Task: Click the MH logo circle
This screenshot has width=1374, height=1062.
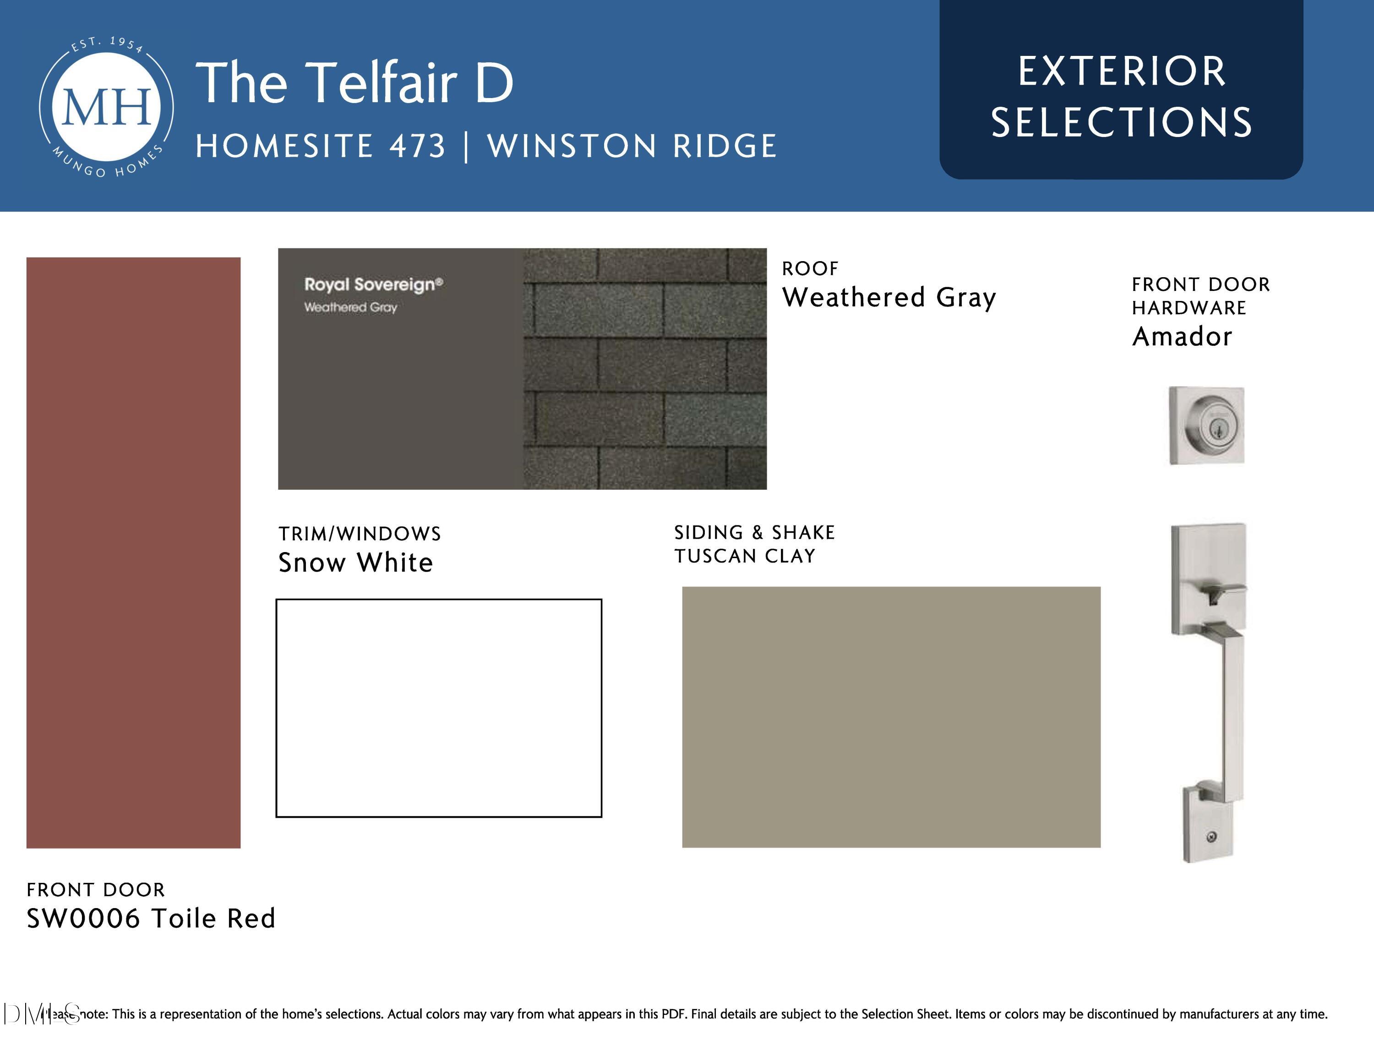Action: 106,107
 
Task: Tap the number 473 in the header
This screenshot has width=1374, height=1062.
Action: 418,146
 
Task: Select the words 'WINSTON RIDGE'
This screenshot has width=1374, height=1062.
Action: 632,146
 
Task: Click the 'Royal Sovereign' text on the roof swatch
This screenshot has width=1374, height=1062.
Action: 374,285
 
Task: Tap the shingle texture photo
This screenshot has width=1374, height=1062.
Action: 645,369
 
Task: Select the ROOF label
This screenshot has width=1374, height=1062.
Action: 810,268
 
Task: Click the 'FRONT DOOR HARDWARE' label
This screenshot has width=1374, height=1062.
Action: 1200,296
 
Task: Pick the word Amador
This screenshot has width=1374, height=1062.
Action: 1182,337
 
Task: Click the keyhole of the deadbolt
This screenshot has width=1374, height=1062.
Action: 1214,428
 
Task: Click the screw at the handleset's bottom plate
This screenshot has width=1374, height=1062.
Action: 1212,837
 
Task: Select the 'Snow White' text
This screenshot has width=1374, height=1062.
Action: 355,563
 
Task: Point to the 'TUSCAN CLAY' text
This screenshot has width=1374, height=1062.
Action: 745,556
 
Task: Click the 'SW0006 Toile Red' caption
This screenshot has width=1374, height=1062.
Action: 151,919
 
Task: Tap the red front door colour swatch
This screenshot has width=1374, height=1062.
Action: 133,553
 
